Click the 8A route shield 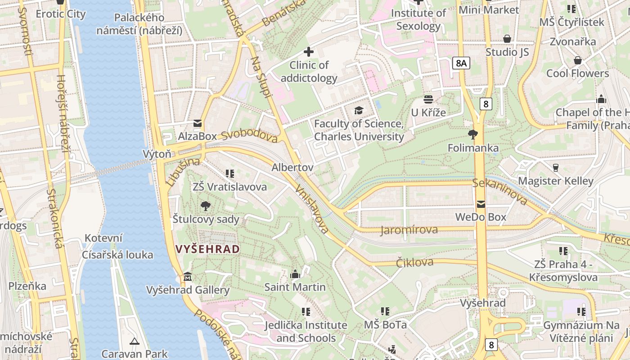[x=461, y=63]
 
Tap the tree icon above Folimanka [x=472, y=134]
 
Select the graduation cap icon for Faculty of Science [x=359, y=110]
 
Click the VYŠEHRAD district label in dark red [x=207, y=249]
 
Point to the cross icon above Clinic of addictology [x=309, y=52]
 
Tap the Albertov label [x=292, y=167]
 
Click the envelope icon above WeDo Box [x=481, y=204]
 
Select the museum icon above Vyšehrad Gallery [x=188, y=276]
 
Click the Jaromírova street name [x=409, y=230]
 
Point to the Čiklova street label [x=414, y=262]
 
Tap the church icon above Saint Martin [x=295, y=274]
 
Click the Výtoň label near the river [x=157, y=154]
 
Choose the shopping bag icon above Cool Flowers [x=577, y=60]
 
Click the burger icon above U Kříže [x=428, y=99]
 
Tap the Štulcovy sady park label [x=206, y=219]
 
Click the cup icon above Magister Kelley [x=556, y=168]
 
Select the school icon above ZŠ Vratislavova [x=230, y=173]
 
